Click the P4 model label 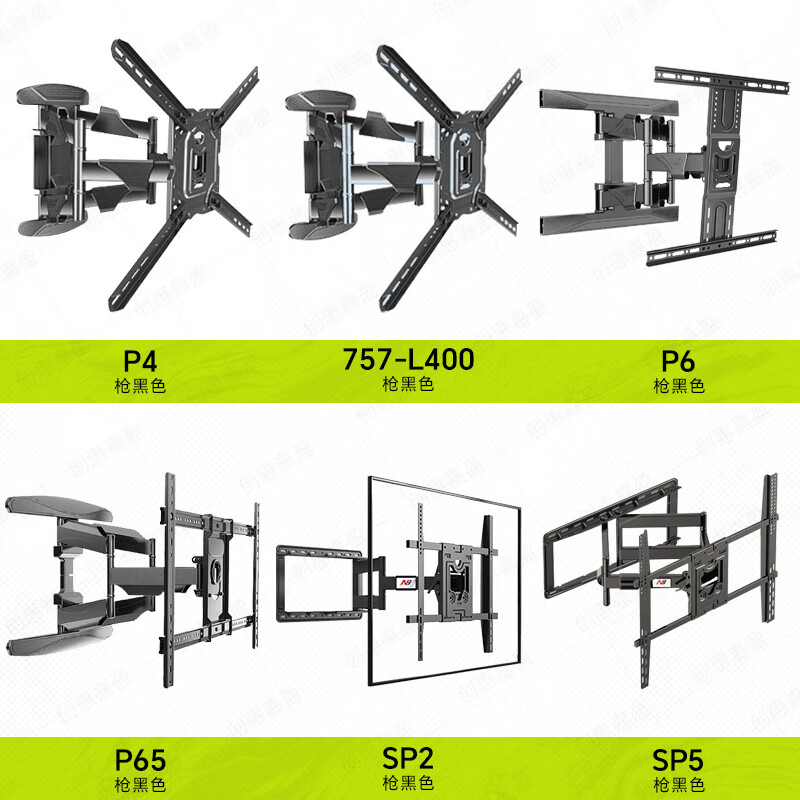click(141, 360)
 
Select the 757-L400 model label click(408, 359)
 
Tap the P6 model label click(679, 360)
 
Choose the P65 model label click(141, 760)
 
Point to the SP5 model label click(679, 760)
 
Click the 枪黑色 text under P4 click(141, 385)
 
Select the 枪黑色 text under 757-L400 click(408, 384)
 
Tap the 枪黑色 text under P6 click(679, 385)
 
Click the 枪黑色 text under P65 click(141, 785)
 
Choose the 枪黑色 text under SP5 click(679, 785)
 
